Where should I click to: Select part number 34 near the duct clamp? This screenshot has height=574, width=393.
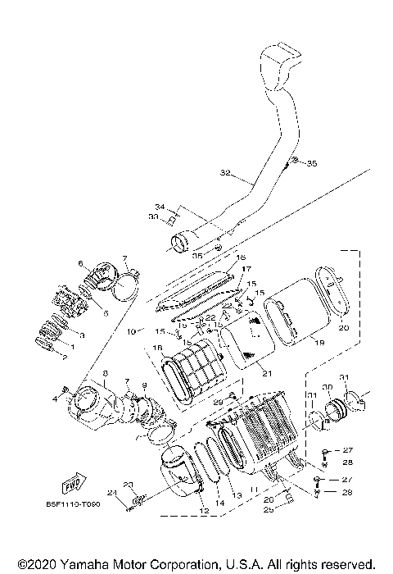pos(160,206)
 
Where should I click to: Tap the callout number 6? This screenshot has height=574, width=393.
pos(81,263)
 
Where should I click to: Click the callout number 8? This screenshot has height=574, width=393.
pos(82,373)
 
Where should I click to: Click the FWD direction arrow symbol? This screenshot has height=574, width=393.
pos(75,476)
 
